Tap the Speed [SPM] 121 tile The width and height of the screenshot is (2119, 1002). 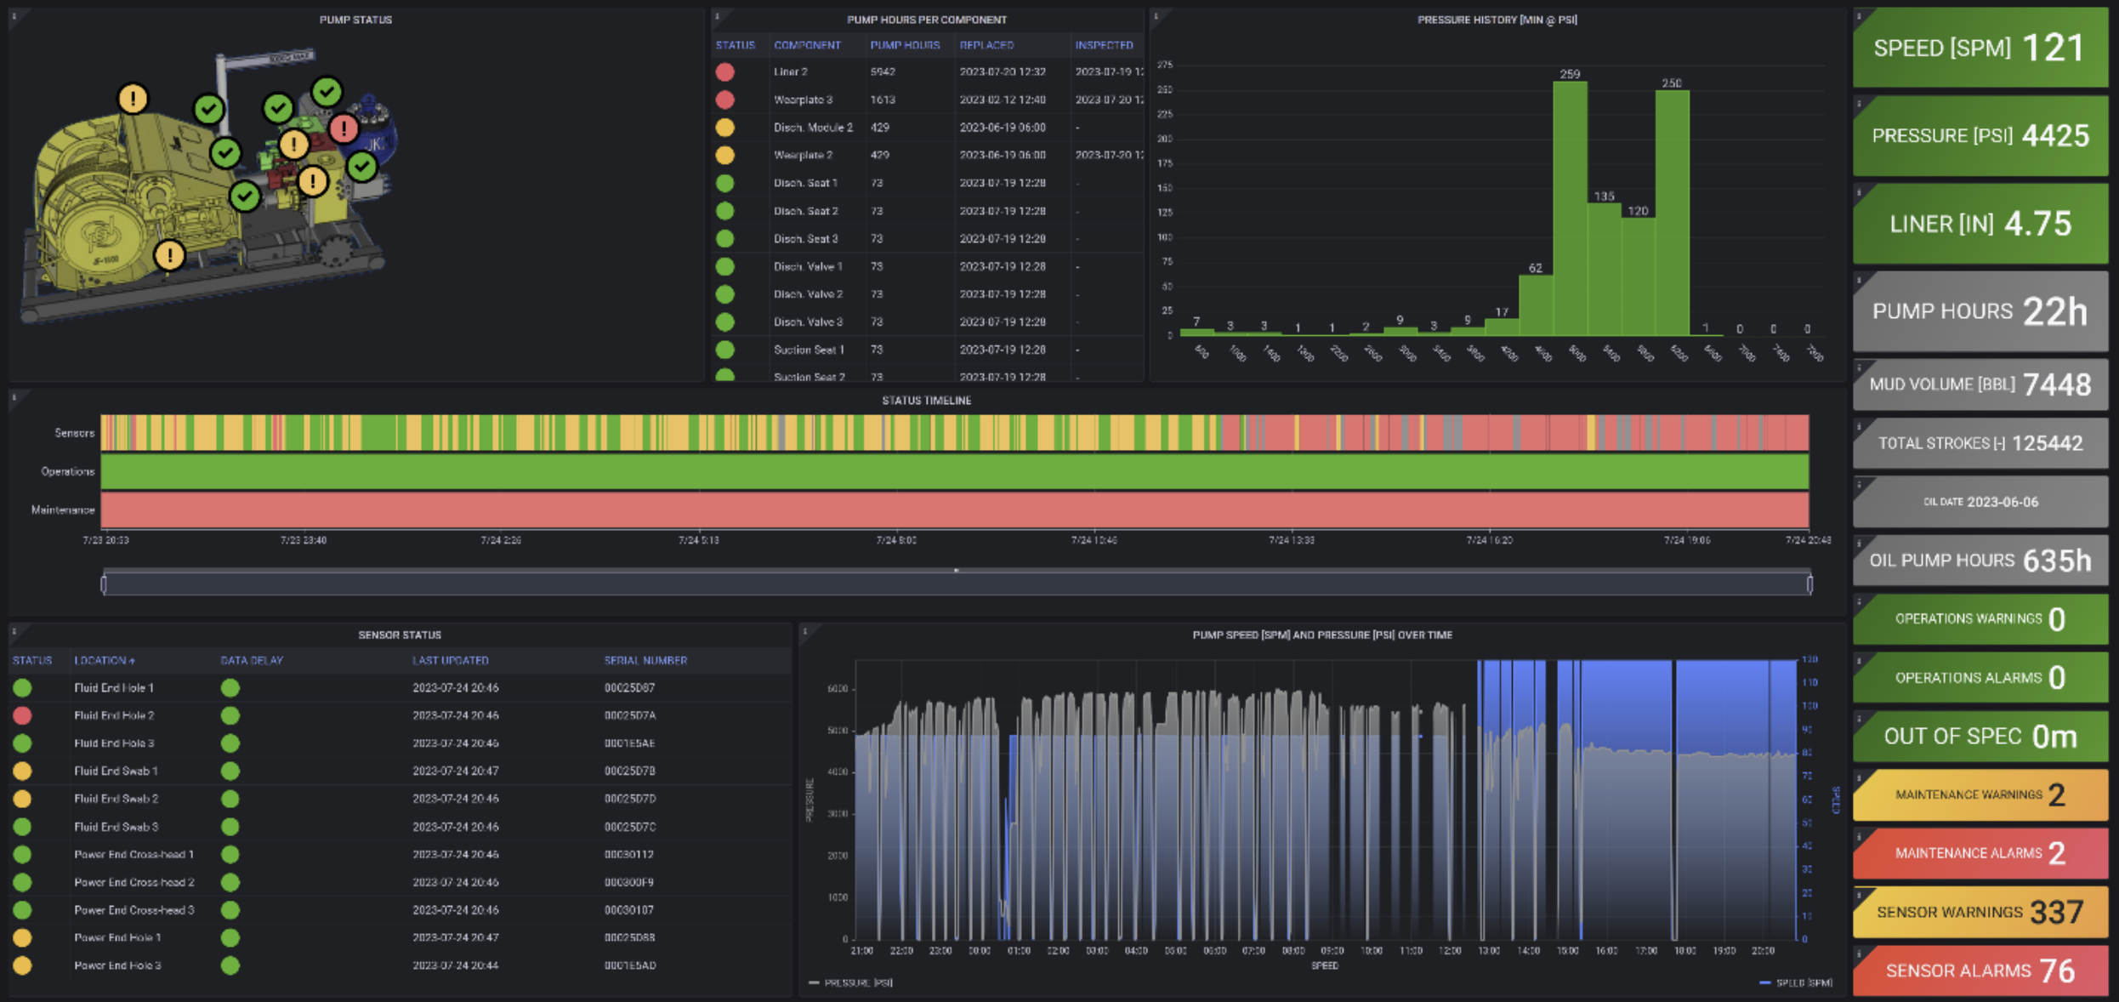tap(1980, 48)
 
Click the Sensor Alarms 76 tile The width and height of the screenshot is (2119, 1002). tap(1980, 971)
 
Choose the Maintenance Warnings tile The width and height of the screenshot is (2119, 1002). tap(1980, 794)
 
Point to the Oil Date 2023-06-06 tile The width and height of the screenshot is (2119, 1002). tap(1980, 502)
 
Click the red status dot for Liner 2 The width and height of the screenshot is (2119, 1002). tap(724, 72)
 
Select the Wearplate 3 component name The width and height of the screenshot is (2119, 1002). tap(803, 100)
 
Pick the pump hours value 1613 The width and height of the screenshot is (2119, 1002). tap(883, 100)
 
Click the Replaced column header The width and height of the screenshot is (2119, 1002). tap(986, 45)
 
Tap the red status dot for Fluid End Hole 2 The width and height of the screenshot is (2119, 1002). tap(23, 715)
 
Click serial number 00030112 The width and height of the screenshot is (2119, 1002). tap(628, 854)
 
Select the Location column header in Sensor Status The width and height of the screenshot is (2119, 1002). tap(104, 660)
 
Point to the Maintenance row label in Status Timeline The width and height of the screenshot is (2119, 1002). tap(63, 510)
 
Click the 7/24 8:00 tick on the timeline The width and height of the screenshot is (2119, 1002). tap(895, 540)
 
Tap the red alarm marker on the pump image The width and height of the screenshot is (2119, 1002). tap(344, 128)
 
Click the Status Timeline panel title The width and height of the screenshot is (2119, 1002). tap(926, 401)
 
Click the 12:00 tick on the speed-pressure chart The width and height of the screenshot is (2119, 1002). tap(1450, 951)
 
